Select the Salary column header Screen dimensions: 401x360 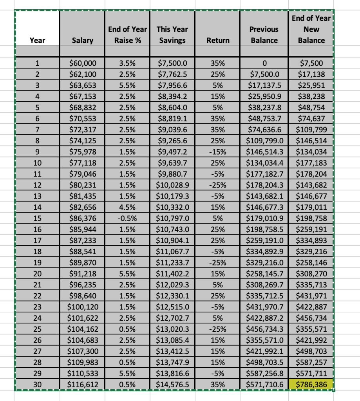[x=82, y=40]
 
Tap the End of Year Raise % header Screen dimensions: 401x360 [x=127, y=34]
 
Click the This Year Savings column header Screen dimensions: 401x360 [x=172, y=34]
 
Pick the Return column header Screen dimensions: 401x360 [x=218, y=40]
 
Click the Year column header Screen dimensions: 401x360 [x=37, y=40]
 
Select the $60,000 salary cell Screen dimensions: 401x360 [x=82, y=63]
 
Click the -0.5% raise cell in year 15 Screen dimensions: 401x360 [x=127, y=218]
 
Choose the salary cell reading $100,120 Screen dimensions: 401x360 [x=82, y=307]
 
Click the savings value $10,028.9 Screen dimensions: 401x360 [x=172, y=185]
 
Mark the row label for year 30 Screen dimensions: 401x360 [x=37, y=385]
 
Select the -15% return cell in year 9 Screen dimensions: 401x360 [x=218, y=152]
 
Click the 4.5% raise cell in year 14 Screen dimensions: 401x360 [x=127, y=207]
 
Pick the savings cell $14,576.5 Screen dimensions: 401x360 [x=172, y=385]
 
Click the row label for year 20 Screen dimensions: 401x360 [x=37, y=273]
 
